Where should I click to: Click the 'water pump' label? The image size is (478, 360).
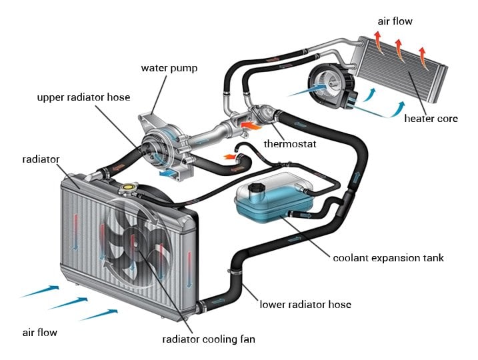pos(169,67)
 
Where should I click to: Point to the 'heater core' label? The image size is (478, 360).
pos(431,119)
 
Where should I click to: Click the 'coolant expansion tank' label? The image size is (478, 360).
pos(388,258)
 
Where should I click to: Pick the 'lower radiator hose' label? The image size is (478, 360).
pos(305,305)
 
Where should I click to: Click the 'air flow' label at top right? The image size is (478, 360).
pos(395,21)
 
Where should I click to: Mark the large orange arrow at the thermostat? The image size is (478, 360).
pos(251,124)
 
